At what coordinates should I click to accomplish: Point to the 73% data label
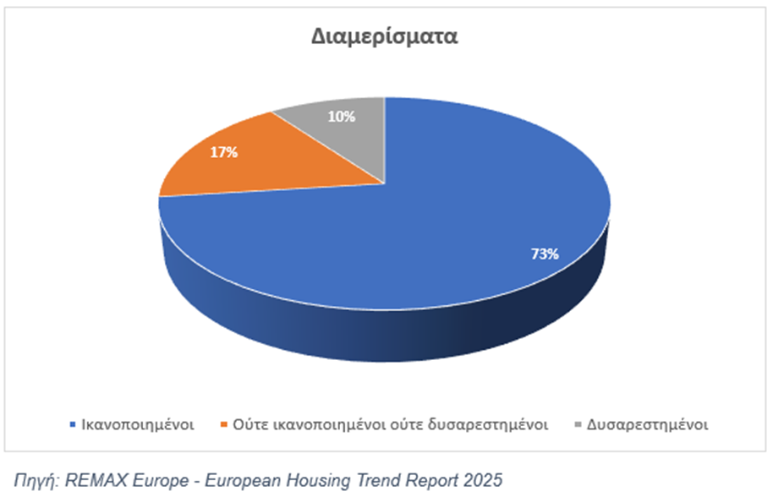pyautogui.click(x=544, y=253)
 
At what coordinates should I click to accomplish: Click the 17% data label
pyautogui.click(x=225, y=152)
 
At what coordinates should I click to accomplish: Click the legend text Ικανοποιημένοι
pyautogui.click(x=135, y=424)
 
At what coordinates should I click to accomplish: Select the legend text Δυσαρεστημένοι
pyautogui.click(x=646, y=424)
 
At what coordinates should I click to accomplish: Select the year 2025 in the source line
pyautogui.click(x=484, y=480)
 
